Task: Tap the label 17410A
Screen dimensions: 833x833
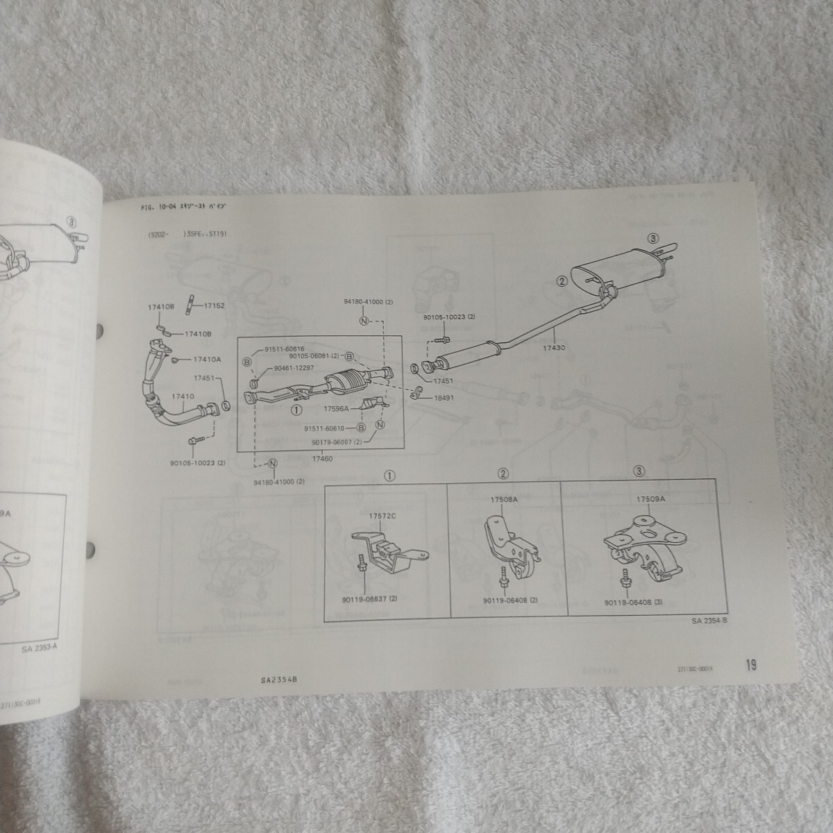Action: coord(208,360)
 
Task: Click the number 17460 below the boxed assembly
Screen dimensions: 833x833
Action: coord(322,460)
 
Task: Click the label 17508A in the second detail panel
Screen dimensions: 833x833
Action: coord(505,499)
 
